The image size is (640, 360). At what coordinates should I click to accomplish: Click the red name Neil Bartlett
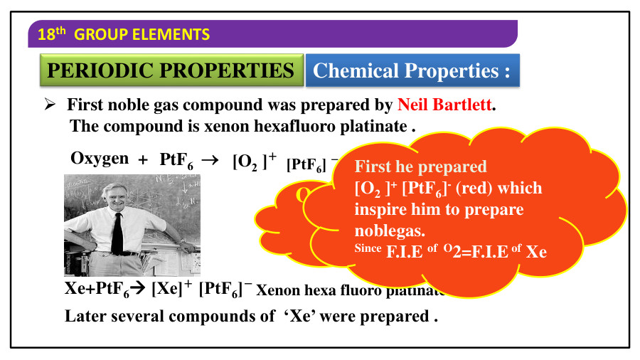[x=444, y=106]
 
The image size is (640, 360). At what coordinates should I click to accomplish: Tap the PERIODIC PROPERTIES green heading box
[x=171, y=70]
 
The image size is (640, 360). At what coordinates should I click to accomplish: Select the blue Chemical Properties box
[x=412, y=70]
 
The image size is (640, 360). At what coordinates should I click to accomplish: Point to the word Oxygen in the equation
[x=100, y=158]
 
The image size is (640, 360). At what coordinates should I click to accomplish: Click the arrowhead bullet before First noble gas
[x=50, y=105]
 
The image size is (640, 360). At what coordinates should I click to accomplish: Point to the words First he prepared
[x=421, y=167]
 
